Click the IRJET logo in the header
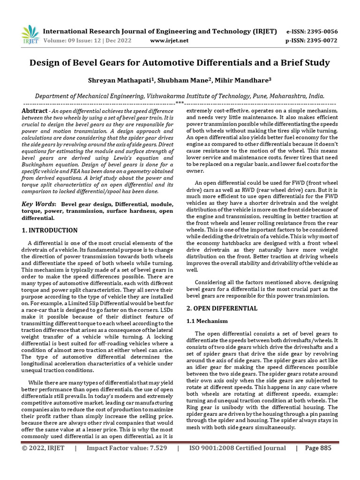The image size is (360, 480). coord(30,34)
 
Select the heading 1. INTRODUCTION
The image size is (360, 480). coord(50,231)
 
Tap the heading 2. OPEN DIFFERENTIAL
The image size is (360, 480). coord(222,308)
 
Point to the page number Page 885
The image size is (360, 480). coord(318,448)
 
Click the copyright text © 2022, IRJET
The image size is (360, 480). coord(43,448)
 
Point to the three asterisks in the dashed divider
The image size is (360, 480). coord(180,103)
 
